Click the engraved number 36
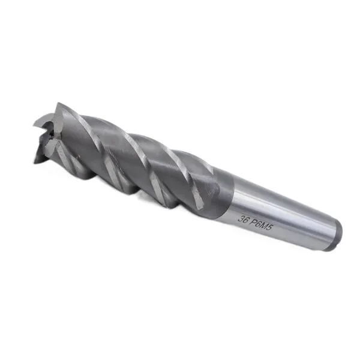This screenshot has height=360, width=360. [x=244, y=219]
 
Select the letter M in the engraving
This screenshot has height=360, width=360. [x=265, y=227]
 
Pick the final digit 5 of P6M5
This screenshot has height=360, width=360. [x=270, y=229]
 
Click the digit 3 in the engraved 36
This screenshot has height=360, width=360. [x=241, y=218]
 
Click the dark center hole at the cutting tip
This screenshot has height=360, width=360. [x=51, y=134]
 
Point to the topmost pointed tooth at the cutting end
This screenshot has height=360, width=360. [x=58, y=103]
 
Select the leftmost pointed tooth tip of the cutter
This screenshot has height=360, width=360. [x=34, y=126]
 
